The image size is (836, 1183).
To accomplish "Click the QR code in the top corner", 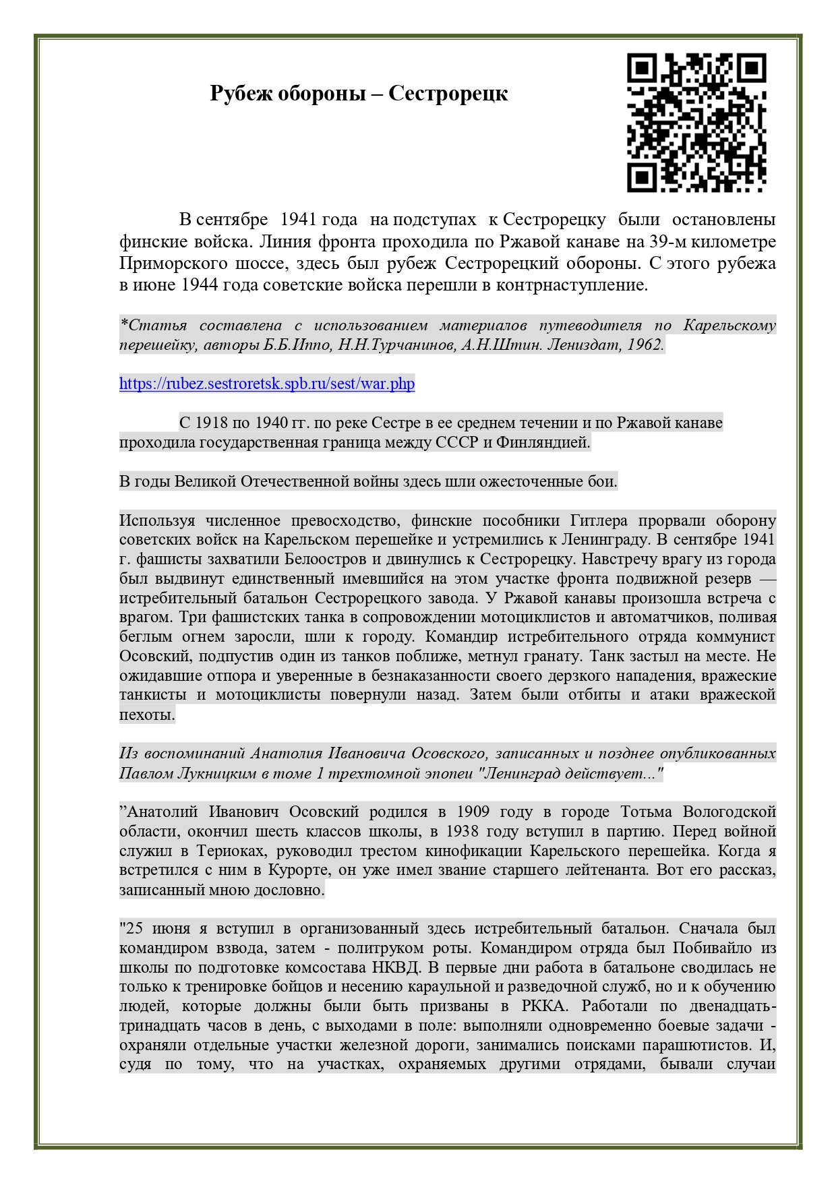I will point(696,123).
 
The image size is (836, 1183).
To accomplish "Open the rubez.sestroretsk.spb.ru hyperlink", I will point(267,384).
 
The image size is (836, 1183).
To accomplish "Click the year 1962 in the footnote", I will point(645,345).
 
